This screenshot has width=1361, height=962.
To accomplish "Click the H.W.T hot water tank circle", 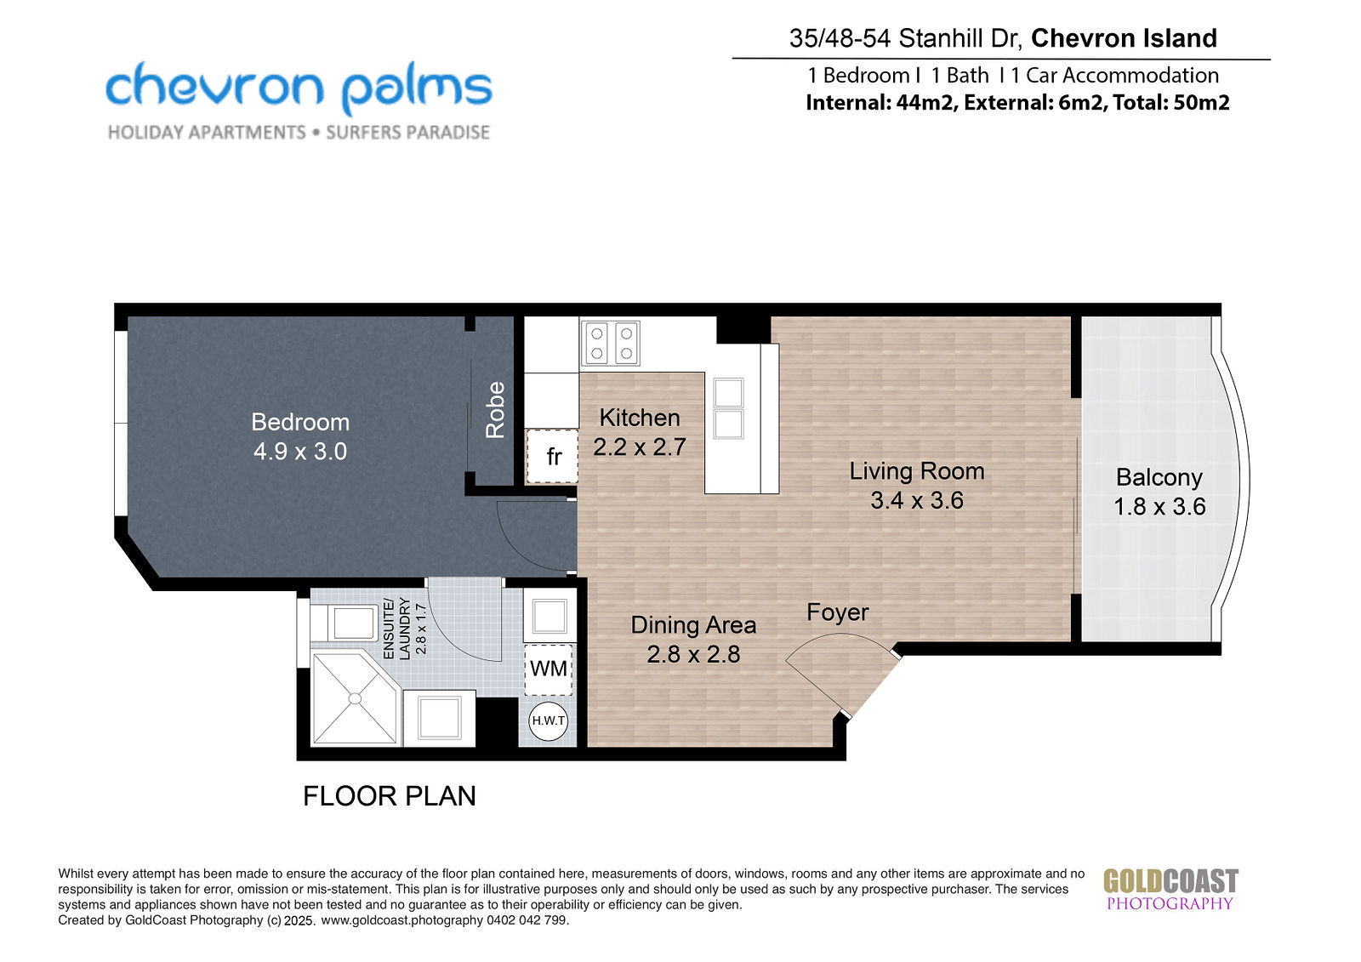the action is (x=548, y=720).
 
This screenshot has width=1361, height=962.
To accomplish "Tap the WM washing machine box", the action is (x=549, y=669).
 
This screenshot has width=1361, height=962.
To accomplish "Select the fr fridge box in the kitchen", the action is (x=552, y=457).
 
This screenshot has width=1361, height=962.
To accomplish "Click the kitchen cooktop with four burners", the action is (x=611, y=344).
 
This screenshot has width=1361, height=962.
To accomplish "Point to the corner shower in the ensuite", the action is (x=356, y=698).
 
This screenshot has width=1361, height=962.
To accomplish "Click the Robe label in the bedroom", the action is (x=495, y=410).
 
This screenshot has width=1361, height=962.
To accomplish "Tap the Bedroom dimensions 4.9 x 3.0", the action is (x=300, y=452).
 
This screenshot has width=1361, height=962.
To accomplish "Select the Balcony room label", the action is (x=1159, y=478).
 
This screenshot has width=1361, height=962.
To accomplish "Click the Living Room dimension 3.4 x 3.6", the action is (x=917, y=500).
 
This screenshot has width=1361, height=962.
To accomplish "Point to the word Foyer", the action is (x=837, y=612).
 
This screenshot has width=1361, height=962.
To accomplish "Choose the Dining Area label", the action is (x=693, y=624).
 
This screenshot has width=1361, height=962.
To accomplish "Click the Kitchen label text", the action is (x=639, y=418).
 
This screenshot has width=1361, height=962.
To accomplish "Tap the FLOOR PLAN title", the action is (x=390, y=796).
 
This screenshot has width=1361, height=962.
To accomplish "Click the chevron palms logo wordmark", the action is (x=299, y=88).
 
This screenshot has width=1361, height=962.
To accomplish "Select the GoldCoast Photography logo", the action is (x=1170, y=890).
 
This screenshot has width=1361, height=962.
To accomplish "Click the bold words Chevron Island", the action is (x=1124, y=38).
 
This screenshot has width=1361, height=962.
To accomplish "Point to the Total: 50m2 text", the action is (x=1170, y=102).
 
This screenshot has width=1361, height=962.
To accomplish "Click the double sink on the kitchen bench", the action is (x=728, y=407).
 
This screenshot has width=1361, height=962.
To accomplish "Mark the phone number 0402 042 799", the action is (x=527, y=920).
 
